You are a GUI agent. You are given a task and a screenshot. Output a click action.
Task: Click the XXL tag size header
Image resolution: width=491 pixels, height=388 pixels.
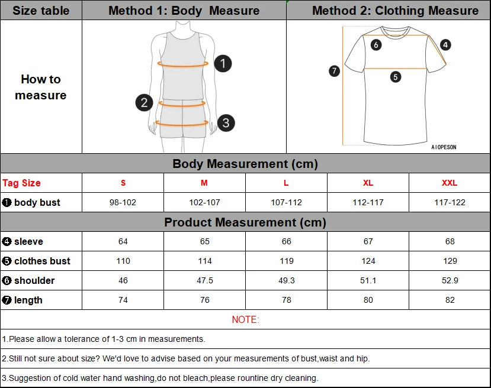450,183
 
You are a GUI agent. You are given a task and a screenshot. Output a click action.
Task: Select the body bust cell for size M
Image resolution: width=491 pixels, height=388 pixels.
204,202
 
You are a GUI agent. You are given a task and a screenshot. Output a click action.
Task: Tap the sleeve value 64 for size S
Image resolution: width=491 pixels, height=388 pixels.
123,241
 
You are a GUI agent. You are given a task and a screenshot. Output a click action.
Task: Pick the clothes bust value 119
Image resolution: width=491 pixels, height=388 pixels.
286,261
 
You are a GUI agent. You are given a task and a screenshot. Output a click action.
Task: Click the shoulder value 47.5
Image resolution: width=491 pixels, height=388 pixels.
204,280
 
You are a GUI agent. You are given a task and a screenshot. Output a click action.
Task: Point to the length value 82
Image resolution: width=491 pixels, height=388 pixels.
450,300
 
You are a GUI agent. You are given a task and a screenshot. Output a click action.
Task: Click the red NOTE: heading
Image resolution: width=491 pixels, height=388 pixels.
245,319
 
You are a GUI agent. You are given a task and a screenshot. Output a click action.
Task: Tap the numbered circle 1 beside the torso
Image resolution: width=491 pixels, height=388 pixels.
223,63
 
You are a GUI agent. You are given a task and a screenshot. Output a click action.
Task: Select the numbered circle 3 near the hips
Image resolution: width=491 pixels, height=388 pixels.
226,123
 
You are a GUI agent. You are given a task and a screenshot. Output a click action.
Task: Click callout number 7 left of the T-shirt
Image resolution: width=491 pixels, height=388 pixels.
335,71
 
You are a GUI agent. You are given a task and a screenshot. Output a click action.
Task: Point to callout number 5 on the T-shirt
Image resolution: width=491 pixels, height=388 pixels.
396,76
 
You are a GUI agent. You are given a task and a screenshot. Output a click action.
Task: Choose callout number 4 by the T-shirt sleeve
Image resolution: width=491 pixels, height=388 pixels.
446,44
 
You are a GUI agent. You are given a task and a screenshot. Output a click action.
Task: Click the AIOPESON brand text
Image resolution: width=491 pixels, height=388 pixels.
444,147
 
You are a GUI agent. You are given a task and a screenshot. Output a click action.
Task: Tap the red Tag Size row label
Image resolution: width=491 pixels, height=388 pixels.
22,183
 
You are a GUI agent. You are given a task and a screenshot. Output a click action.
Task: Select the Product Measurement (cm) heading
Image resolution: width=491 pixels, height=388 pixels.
245,222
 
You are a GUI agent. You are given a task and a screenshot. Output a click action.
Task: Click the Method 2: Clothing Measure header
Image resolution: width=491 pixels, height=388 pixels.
395,11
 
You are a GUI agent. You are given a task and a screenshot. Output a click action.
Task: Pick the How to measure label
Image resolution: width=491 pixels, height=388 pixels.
41,87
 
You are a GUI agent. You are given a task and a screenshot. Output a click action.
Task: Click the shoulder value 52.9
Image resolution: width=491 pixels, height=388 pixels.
450,280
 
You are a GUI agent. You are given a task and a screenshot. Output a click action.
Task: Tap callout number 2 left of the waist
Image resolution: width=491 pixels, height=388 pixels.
144,102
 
